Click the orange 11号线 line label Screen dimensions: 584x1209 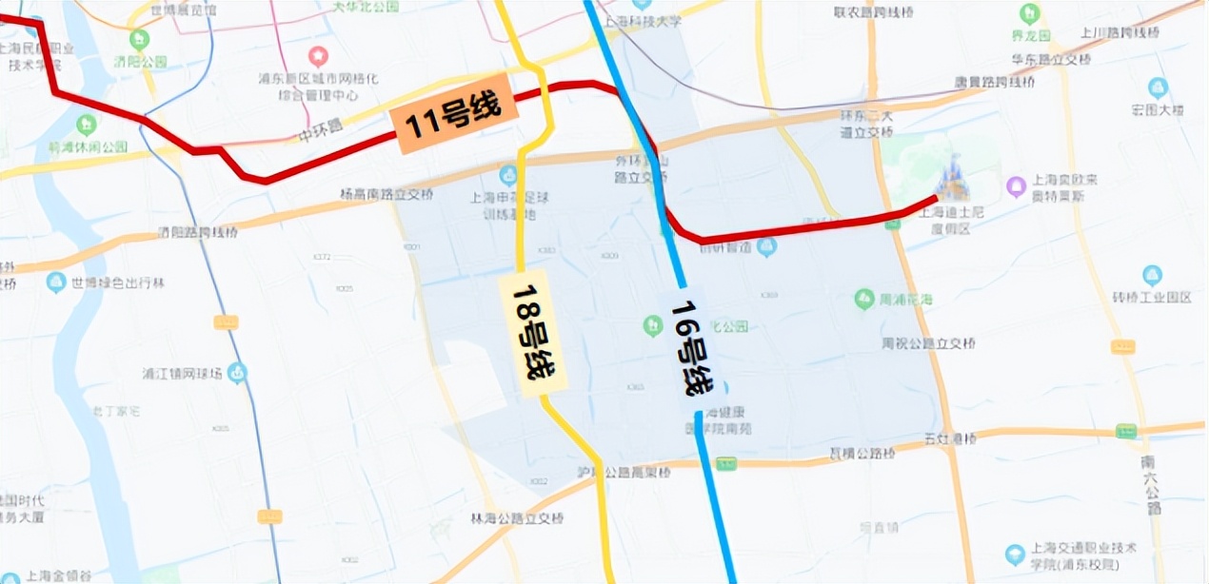coord(453,123)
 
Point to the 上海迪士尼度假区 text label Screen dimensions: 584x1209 coord(942,221)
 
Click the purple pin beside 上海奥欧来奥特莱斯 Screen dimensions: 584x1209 coord(1016,184)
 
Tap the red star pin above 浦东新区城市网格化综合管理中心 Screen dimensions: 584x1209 coord(318,56)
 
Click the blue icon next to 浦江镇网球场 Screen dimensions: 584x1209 coord(237,373)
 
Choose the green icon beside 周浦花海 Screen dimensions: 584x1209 coord(863,299)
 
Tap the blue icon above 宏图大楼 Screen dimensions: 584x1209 coord(1158,88)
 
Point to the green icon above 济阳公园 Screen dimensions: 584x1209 coord(141,40)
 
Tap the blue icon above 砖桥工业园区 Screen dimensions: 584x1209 coord(1152,275)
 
